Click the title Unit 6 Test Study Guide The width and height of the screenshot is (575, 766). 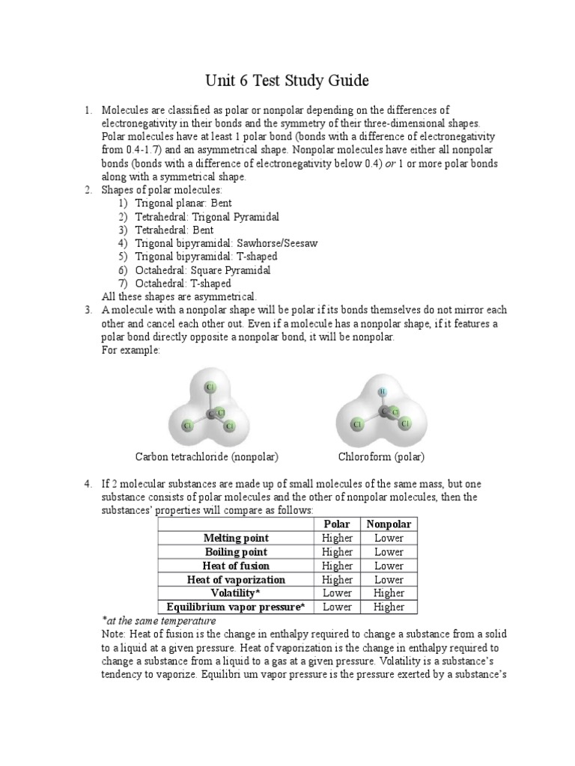pos(287,79)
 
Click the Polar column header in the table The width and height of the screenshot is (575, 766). pos(337,524)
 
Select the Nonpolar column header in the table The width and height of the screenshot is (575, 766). pos(389,524)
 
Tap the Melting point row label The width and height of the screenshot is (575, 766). pos(236,538)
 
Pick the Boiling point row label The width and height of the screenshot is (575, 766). pos(236,551)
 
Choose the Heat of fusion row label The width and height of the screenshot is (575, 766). pos(236,566)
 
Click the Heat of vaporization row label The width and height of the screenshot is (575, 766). pos(236,579)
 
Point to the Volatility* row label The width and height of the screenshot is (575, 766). pos(236,592)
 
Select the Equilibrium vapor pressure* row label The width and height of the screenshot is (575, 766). pos(236,607)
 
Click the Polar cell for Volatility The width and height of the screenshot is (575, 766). pos(337,592)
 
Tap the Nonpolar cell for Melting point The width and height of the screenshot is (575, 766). pos(389,538)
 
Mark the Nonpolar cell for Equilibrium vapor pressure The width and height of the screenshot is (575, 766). pos(389,607)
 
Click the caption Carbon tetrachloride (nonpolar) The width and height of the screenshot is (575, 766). pos(212,456)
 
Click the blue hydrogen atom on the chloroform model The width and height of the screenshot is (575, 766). pos(382,390)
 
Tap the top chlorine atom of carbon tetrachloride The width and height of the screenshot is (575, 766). pos(210,387)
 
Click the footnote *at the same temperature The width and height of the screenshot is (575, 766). pos(159,621)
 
